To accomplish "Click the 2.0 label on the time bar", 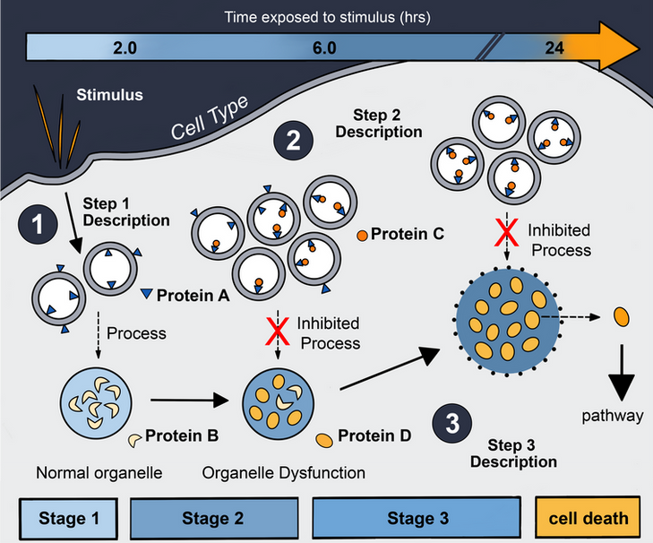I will pos(125,48).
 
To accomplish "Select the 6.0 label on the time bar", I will pos(324,48).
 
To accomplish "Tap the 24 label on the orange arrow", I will pos(554,48).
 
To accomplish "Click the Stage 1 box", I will pos(68,518).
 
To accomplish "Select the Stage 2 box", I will pos(212,518).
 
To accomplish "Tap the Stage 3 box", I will pos(417,518).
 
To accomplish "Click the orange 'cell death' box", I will pos(589,518).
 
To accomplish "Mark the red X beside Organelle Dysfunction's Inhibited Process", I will pos(279,332).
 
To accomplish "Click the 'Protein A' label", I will pos(193,295).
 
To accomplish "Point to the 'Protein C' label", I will pos(407,235).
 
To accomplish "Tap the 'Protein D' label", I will pos(374,436).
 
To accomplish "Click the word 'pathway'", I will pos(613,415).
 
